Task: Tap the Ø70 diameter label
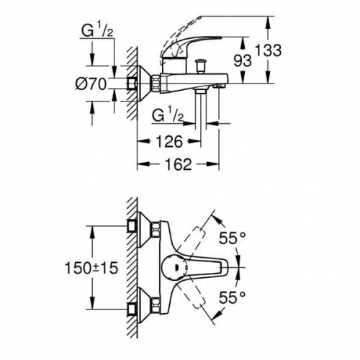pos(92,84)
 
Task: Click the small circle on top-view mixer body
pos(176,267)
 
